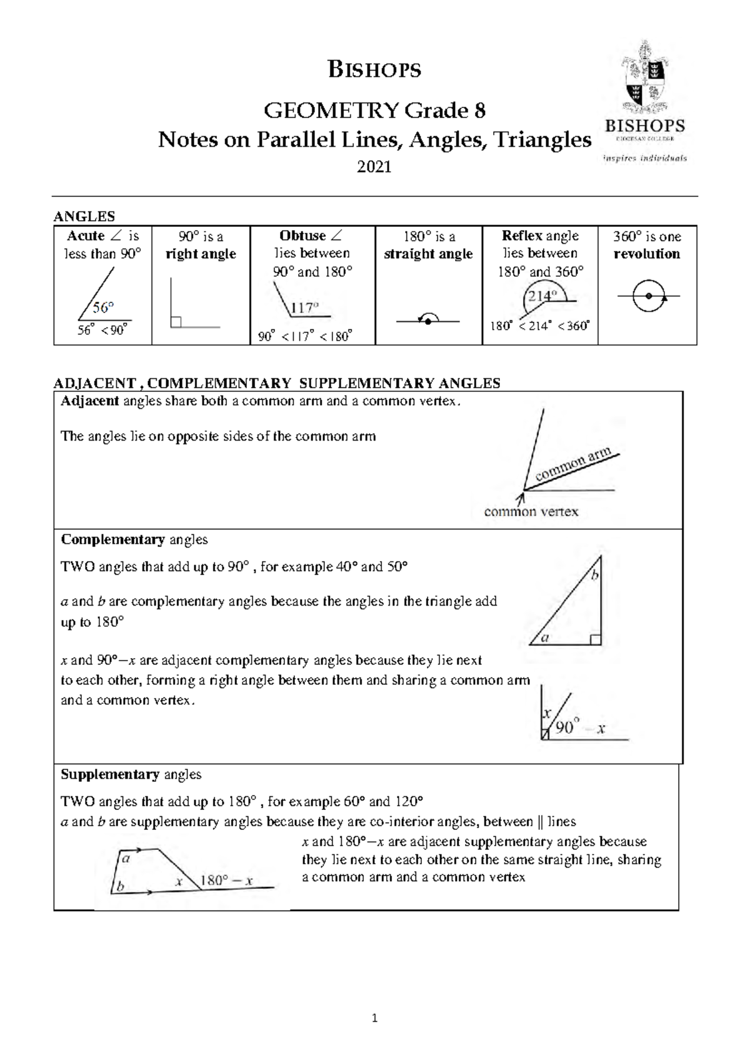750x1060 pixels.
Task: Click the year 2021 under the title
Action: point(374,167)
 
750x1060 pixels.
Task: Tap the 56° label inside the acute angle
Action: point(103,307)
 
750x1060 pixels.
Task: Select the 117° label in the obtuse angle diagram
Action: point(305,307)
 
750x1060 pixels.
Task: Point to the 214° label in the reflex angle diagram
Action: point(541,296)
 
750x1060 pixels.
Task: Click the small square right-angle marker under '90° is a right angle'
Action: point(176,322)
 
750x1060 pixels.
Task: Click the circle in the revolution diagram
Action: point(647,296)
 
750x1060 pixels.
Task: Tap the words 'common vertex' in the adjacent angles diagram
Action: point(531,512)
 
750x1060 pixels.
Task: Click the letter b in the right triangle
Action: point(595,575)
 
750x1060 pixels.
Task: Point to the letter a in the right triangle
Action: point(544,638)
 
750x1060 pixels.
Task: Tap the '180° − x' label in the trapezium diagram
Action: point(226,881)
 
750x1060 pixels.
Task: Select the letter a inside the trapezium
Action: point(126,859)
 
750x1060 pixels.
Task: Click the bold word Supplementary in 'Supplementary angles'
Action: point(110,774)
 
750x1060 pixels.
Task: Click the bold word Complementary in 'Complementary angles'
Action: point(112,539)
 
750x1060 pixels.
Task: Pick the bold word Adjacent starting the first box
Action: point(89,401)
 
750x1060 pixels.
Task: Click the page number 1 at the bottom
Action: point(374,1019)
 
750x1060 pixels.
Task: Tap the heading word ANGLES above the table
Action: point(84,216)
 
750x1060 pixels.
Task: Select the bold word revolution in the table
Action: point(646,254)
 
